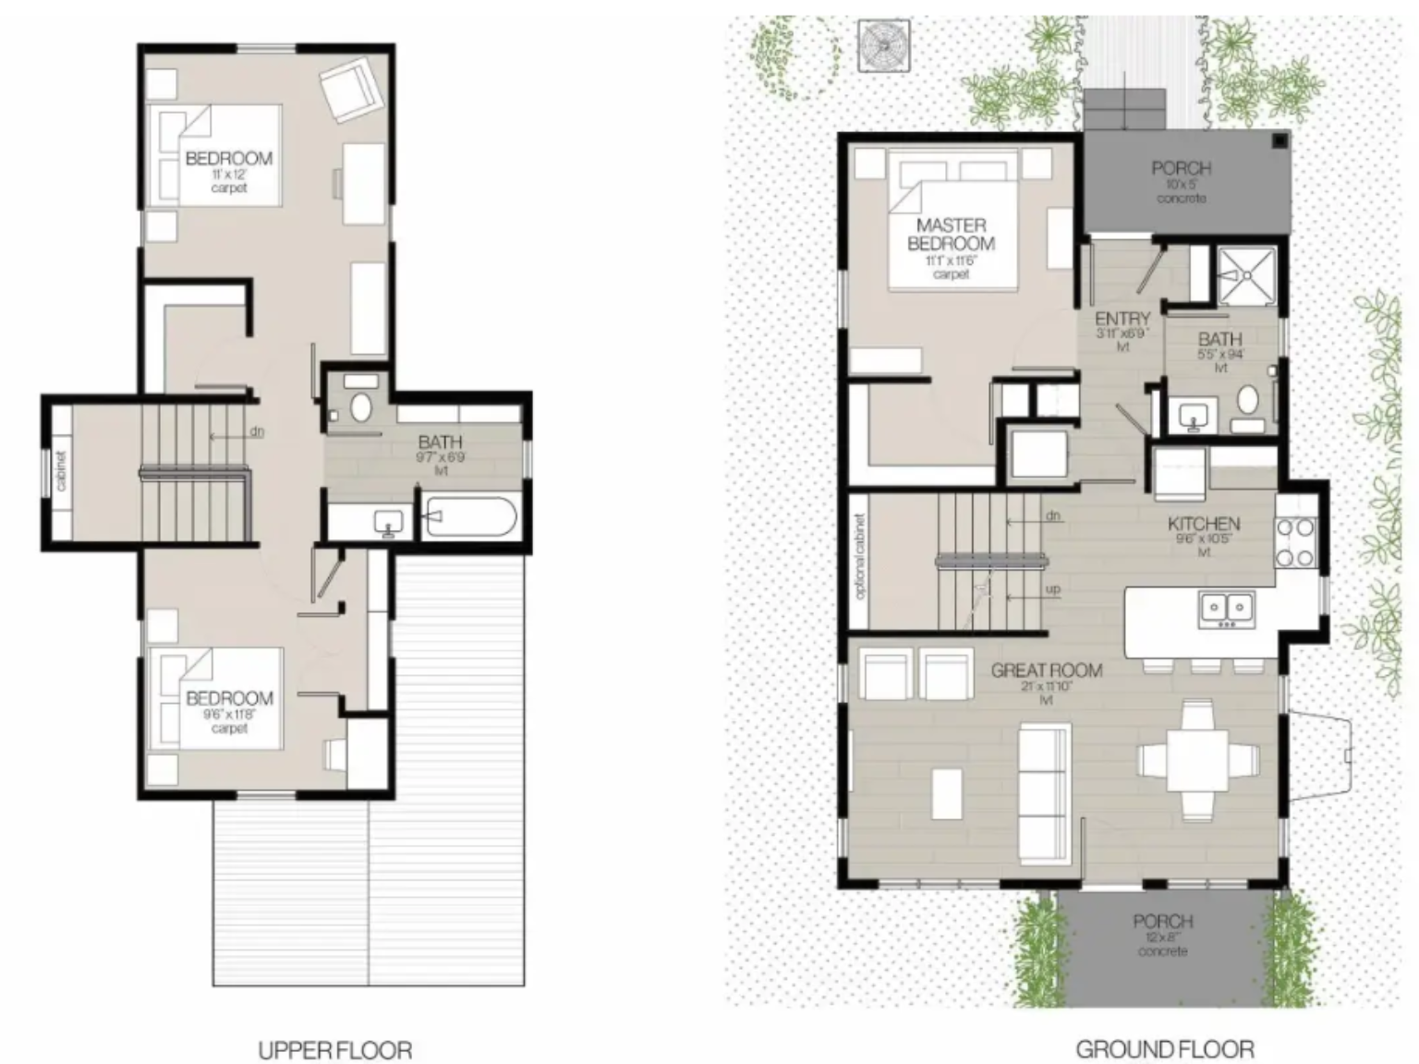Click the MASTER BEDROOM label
point(951,235)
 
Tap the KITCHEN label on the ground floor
point(1203,524)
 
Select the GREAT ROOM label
point(1046,671)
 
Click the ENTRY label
point(1122,320)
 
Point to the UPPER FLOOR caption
point(334,1050)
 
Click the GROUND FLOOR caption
point(1164,1050)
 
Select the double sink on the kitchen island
point(1226,608)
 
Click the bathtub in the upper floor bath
point(468,518)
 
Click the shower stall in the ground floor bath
point(1246,274)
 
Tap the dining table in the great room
point(1198,760)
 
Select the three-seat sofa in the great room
point(1045,794)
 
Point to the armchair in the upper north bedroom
point(347,89)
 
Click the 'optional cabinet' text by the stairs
point(860,557)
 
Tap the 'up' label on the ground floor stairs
point(1053,589)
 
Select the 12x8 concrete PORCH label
point(1162,922)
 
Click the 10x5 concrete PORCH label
point(1181,169)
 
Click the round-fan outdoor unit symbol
point(883,45)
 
